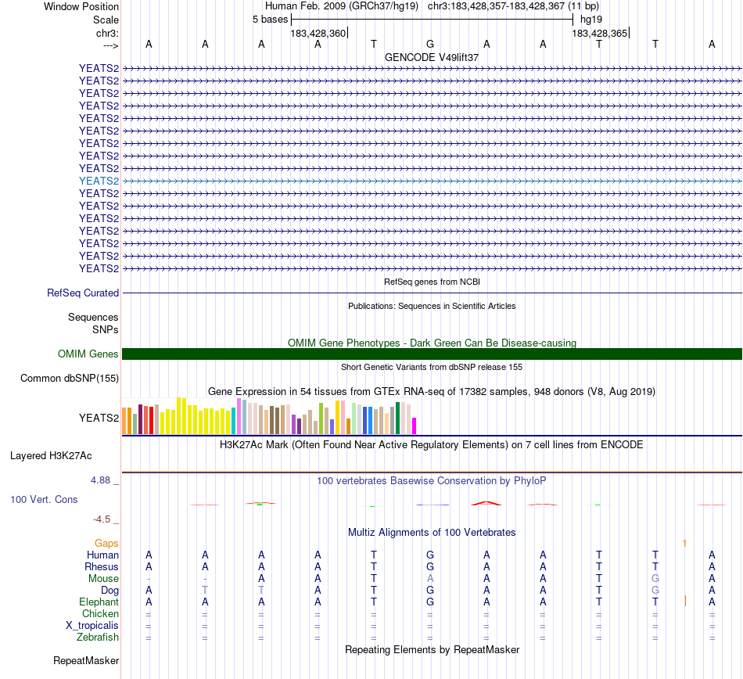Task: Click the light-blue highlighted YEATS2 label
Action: point(99,181)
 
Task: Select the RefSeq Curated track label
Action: point(83,293)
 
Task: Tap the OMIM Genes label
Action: point(88,354)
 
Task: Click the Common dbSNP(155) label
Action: point(69,379)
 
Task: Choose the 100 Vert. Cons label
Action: point(44,499)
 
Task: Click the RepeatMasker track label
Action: point(86,661)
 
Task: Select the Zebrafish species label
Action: point(98,638)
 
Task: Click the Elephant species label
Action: point(99,602)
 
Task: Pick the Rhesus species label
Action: point(102,566)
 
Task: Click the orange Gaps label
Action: point(106,543)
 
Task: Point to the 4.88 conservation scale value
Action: point(102,480)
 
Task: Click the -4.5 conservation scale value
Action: point(103,519)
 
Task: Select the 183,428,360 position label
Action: point(318,34)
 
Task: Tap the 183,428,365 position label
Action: point(599,34)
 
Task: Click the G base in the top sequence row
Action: point(430,45)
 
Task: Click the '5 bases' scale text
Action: point(270,19)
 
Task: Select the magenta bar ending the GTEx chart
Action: point(414,426)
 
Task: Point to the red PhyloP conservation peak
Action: point(485,503)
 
